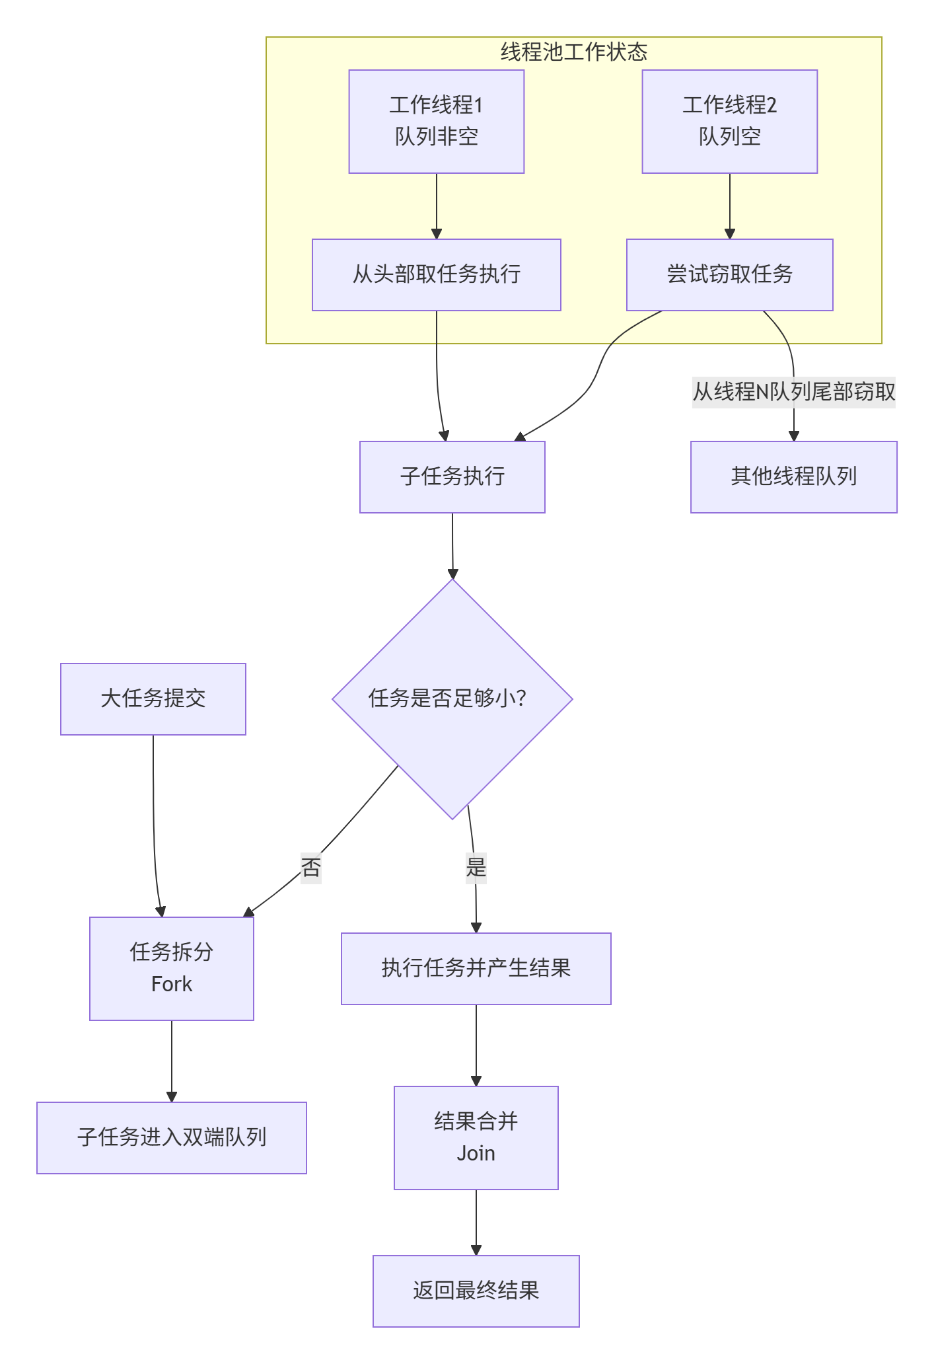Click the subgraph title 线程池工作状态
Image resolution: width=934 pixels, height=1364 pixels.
coord(573,52)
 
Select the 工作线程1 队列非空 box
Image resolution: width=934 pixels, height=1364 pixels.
coord(436,122)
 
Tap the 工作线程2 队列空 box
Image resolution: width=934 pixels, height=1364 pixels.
coord(729,122)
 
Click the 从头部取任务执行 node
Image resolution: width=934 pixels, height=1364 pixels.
coord(436,274)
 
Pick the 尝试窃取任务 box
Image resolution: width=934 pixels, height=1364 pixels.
coord(729,274)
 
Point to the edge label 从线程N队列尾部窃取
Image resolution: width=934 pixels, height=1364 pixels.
coord(793,392)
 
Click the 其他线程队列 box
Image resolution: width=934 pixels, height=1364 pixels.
coord(793,476)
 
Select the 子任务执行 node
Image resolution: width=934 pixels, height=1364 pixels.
coord(452,476)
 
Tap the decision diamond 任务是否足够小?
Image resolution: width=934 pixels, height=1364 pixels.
coord(452,699)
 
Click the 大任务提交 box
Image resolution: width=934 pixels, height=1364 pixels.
coord(153,699)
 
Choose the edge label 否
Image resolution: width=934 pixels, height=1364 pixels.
coord(310,867)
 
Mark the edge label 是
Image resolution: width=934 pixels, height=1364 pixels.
coord(476,867)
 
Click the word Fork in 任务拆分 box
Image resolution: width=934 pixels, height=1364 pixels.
coord(171,984)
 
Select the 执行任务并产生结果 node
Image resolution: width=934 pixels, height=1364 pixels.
coord(476,968)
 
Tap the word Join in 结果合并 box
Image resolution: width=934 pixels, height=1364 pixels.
coord(476,1153)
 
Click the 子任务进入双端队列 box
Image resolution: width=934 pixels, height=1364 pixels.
coord(171,1137)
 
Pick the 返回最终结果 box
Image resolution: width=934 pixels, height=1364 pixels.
coord(476,1291)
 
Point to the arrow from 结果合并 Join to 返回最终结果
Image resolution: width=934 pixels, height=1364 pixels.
coord(476,1223)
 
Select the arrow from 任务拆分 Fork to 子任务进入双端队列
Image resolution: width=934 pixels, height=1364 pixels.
coord(171,1061)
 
